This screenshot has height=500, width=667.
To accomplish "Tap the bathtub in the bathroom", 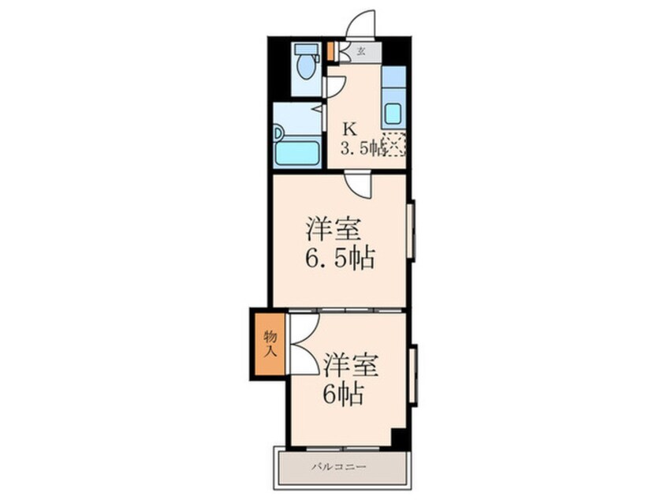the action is point(297,153).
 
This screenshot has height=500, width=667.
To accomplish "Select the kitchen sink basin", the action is point(393,113).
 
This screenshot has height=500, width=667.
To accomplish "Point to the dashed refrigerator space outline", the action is point(395,144).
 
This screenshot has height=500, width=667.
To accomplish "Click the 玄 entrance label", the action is point(361,52).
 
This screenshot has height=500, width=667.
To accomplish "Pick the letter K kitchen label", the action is point(350,129).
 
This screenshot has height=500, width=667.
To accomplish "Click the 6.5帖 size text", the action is point(340,258).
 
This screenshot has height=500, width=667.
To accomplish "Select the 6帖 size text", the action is point(343,394).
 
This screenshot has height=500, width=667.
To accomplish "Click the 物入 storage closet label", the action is point(270,344).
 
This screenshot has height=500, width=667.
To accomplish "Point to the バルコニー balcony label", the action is point(338,467).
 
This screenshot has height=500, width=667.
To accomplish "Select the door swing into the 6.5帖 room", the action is point(358,185).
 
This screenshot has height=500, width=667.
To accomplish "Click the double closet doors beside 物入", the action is point(304,344).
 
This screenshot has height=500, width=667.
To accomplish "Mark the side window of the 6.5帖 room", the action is point(411,231).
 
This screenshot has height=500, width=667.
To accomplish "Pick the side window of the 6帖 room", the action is point(412,375).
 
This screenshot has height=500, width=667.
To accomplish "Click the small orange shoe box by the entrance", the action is point(330,52).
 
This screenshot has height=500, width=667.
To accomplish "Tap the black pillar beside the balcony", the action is point(401,438).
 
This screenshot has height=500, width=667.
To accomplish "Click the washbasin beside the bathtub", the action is point(278,133).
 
